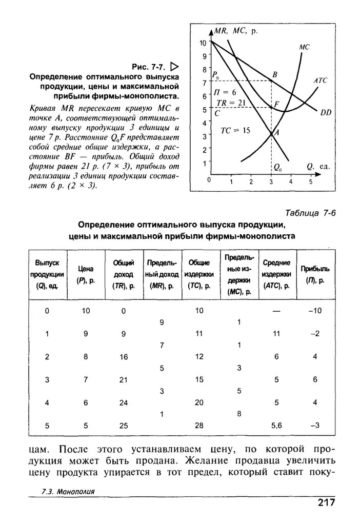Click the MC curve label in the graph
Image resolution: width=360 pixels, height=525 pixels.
[x=304, y=47]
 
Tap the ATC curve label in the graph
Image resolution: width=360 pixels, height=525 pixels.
[x=321, y=81]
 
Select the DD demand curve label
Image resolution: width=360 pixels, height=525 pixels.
[x=326, y=113]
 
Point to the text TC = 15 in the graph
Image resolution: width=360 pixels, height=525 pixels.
[x=235, y=130]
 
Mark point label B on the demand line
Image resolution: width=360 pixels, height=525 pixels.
[x=274, y=75]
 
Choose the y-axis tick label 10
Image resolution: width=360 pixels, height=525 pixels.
[x=203, y=43]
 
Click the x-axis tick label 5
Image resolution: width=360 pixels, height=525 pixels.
[x=310, y=181]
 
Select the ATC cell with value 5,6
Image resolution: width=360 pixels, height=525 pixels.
[x=276, y=425]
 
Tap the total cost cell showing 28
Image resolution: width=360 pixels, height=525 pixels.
[x=199, y=425]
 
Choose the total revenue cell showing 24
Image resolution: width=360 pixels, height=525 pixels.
[x=124, y=402]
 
